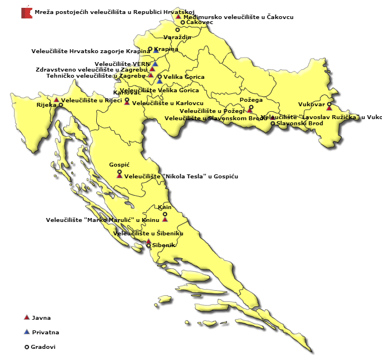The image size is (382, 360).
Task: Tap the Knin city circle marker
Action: (164, 212)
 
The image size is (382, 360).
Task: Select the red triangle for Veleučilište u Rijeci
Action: (56, 100)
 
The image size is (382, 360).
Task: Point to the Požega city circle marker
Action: (251, 107)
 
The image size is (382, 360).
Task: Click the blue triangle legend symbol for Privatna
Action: (26, 332)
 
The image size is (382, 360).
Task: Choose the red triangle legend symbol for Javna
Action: (26, 318)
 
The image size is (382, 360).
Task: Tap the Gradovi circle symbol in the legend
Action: (26, 347)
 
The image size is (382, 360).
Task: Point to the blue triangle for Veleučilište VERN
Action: (155, 64)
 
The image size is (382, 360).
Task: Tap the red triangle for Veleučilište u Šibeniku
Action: (148, 241)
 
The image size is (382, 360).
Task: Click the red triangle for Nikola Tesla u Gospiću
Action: (119, 176)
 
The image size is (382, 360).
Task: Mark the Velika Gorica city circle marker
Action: (159, 77)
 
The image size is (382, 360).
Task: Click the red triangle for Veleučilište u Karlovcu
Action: (127, 104)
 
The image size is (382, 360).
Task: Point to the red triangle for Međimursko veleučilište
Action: (178, 17)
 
